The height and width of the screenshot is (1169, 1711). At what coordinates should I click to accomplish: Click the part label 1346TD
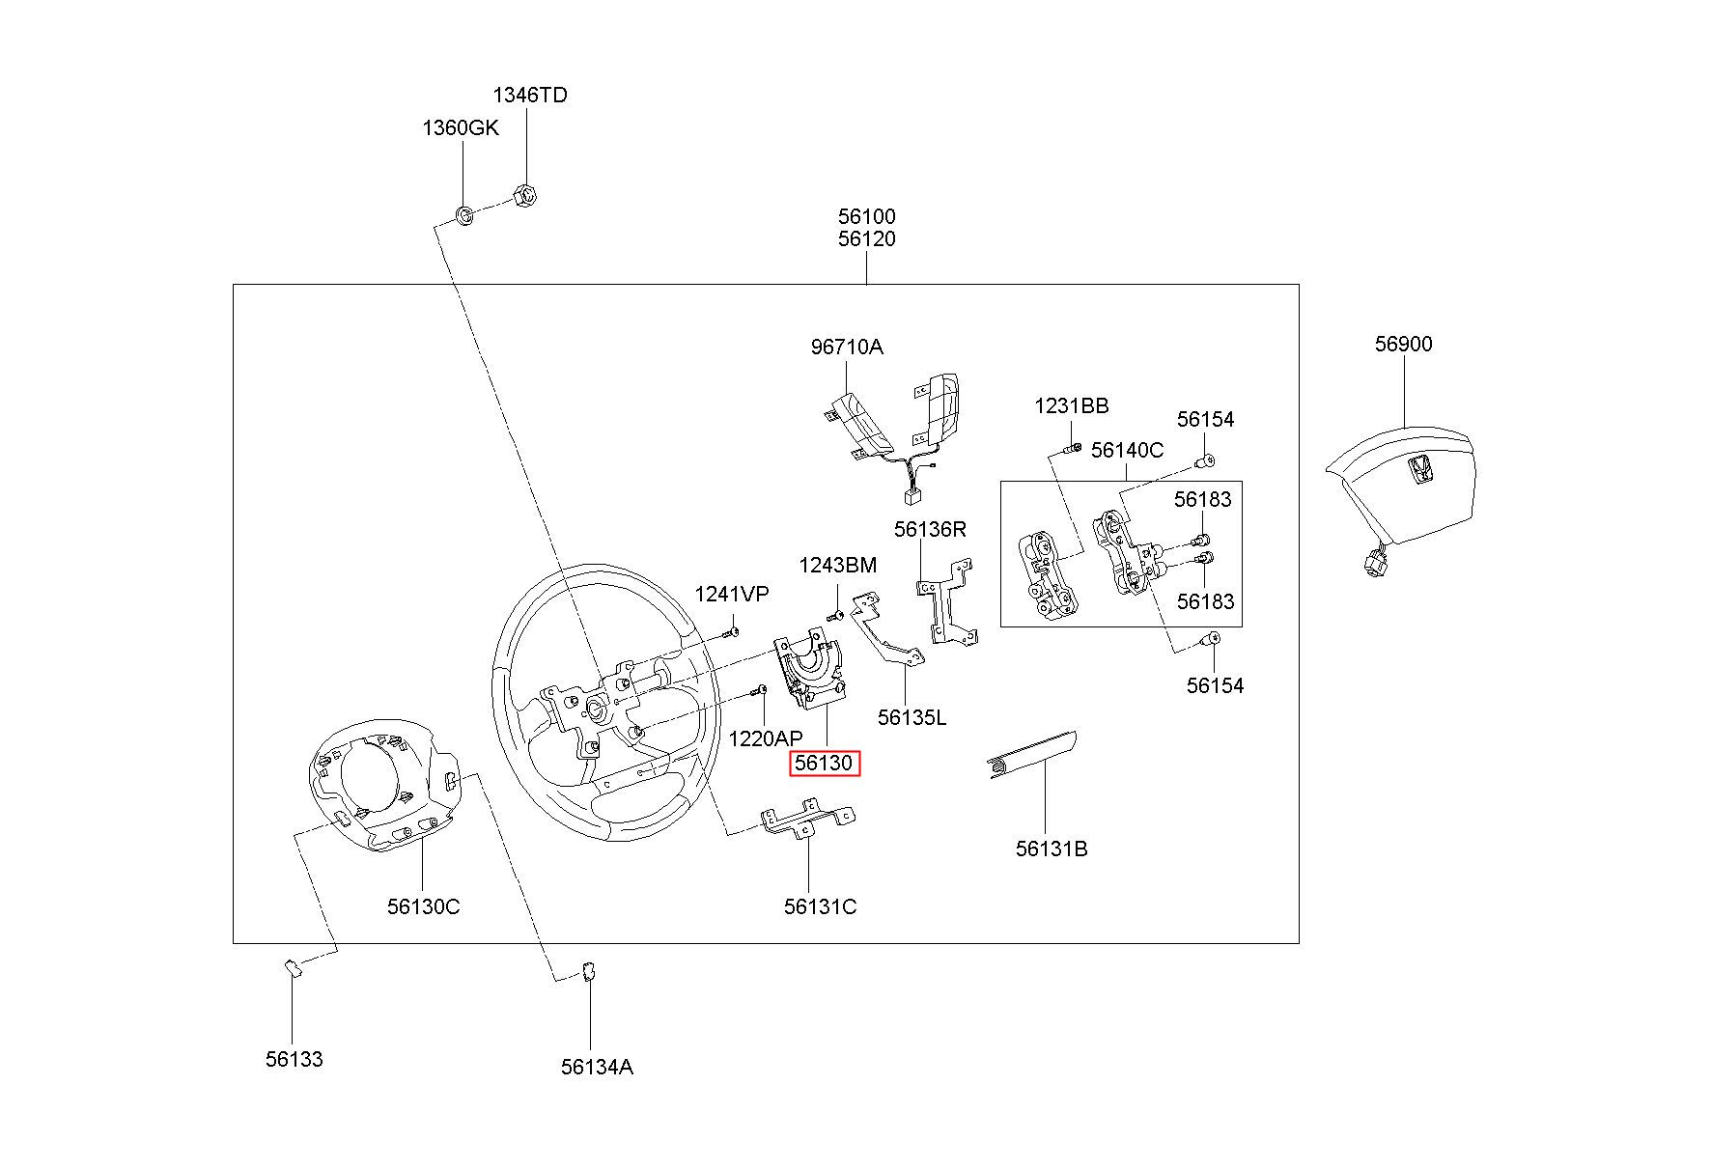coord(530,95)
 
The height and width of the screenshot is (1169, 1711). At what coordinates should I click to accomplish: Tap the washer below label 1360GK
coord(464,214)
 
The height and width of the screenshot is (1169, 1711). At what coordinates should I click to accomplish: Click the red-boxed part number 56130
coord(824,764)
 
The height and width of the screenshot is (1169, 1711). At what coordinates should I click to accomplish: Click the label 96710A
coord(846,347)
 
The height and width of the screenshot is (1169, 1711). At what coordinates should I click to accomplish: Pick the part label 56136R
coord(929,529)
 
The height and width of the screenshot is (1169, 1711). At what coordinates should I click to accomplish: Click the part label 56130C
coord(423,906)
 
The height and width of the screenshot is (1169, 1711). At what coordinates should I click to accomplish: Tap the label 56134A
coord(597,1067)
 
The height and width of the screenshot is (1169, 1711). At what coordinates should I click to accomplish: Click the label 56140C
coord(1127,450)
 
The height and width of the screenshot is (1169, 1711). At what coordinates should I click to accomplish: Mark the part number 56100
coord(866,216)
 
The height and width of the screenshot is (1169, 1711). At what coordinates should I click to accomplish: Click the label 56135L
coord(912,717)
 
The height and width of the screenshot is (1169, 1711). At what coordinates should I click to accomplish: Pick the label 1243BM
coord(837,565)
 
